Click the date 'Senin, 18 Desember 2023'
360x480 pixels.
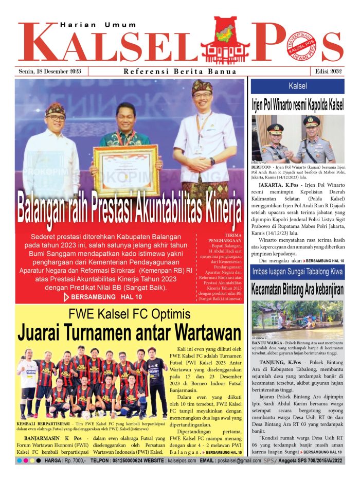49,72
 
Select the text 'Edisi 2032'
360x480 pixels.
329,72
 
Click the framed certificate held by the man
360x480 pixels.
126,170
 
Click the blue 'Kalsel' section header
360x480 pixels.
298,85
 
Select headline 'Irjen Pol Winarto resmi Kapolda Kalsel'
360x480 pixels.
298,104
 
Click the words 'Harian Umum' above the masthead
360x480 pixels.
98,25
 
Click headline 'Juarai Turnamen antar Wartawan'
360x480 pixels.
130,332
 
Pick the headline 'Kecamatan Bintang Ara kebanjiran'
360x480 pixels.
298,290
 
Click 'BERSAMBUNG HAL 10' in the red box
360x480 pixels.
100,297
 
